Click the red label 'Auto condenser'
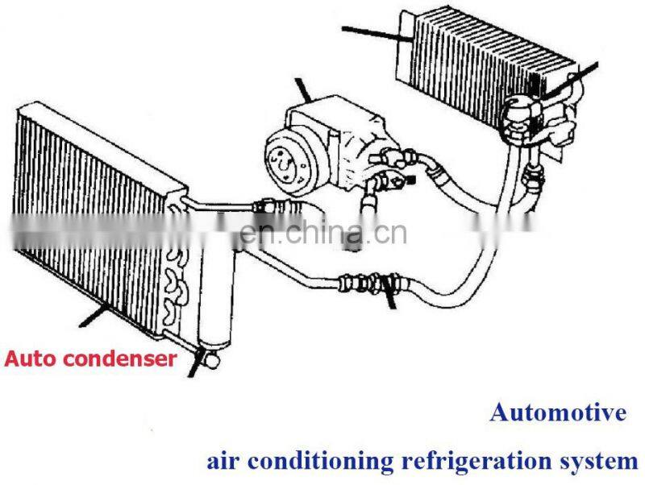pyautogui.click(x=89, y=359)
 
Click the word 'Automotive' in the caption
pyautogui.click(x=558, y=413)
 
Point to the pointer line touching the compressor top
pyautogui.click(x=305, y=89)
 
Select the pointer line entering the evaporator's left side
pyautogui.click(x=375, y=32)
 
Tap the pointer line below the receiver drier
pyautogui.click(x=193, y=367)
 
